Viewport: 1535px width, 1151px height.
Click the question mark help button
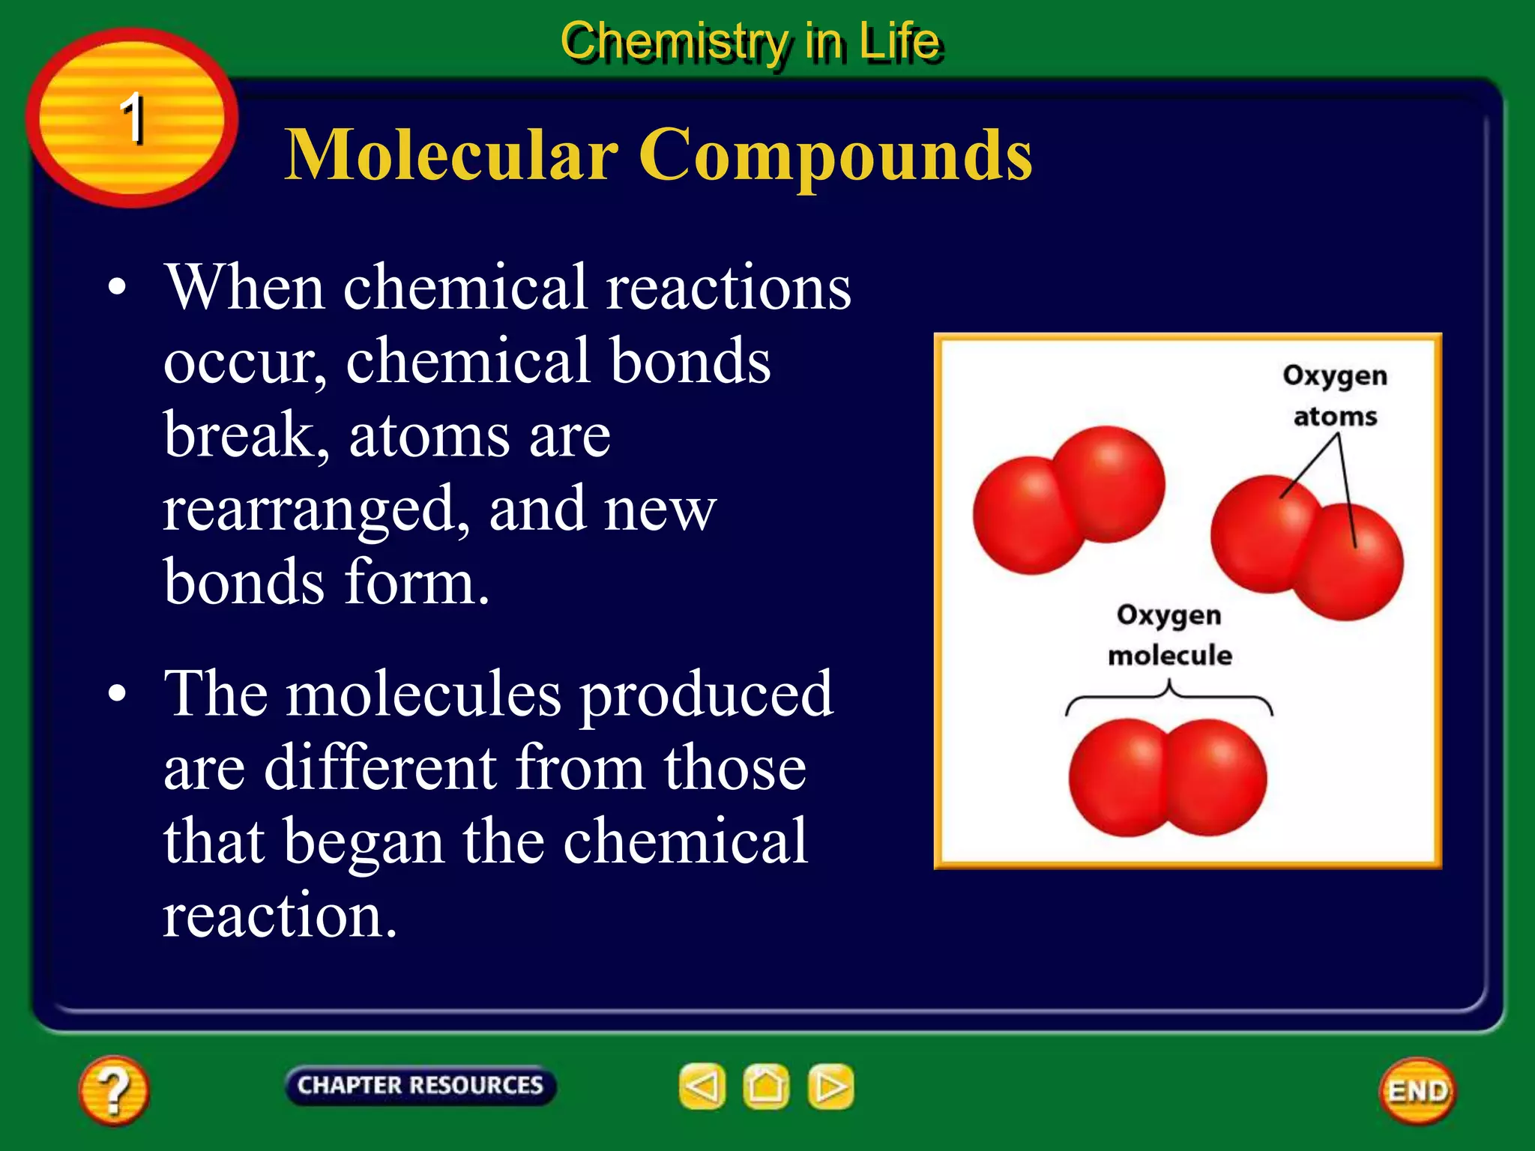tap(113, 1090)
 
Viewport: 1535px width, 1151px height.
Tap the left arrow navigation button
tap(702, 1087)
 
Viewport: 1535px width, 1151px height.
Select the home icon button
tap(766, 1087)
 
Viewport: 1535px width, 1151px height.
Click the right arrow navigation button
tap(830, 1087)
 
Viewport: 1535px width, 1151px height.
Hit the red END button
tap(1417, 1091)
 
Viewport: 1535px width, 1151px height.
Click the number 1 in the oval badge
tap(133, 118)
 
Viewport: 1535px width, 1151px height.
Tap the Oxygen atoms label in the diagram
tap(1335, 395)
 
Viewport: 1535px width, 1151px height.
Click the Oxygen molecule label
tap(1169, 635)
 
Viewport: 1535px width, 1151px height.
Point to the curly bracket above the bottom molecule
tap(1168, 697)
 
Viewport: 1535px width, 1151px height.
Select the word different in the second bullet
tap(381, 767)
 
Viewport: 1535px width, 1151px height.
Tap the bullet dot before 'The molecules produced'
tap(117, 694)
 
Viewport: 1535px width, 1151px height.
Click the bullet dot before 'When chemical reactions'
tap(117, 288)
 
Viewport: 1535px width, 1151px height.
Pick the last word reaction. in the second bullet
tap(280, 915)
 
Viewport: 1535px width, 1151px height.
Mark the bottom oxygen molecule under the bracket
tap(1168, 778)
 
